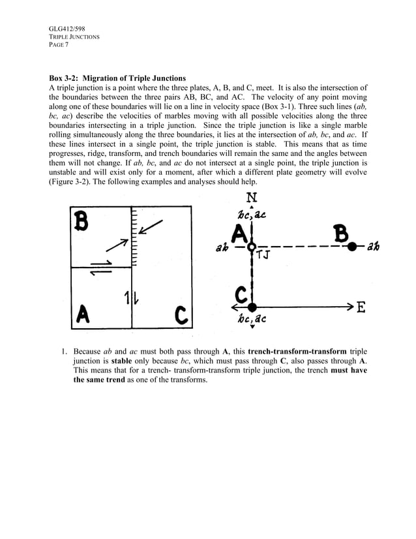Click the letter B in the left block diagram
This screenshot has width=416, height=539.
point(82,222)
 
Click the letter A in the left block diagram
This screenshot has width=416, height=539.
point(82,315)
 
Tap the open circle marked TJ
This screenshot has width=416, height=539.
point(252,247)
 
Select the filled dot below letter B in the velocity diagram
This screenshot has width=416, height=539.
point(351,247)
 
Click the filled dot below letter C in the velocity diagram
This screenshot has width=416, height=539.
point(252,306)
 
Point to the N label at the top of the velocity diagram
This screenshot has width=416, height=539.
point(252,196)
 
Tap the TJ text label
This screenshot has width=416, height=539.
point(264,255)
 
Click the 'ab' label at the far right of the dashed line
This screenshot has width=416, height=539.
point(374,247)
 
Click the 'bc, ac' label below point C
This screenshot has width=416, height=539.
point(252,320)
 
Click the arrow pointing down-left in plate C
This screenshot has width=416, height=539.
point(153,226)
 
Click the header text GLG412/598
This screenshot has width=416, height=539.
point(67,29)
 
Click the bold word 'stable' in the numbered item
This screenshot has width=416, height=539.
point(121,361)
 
